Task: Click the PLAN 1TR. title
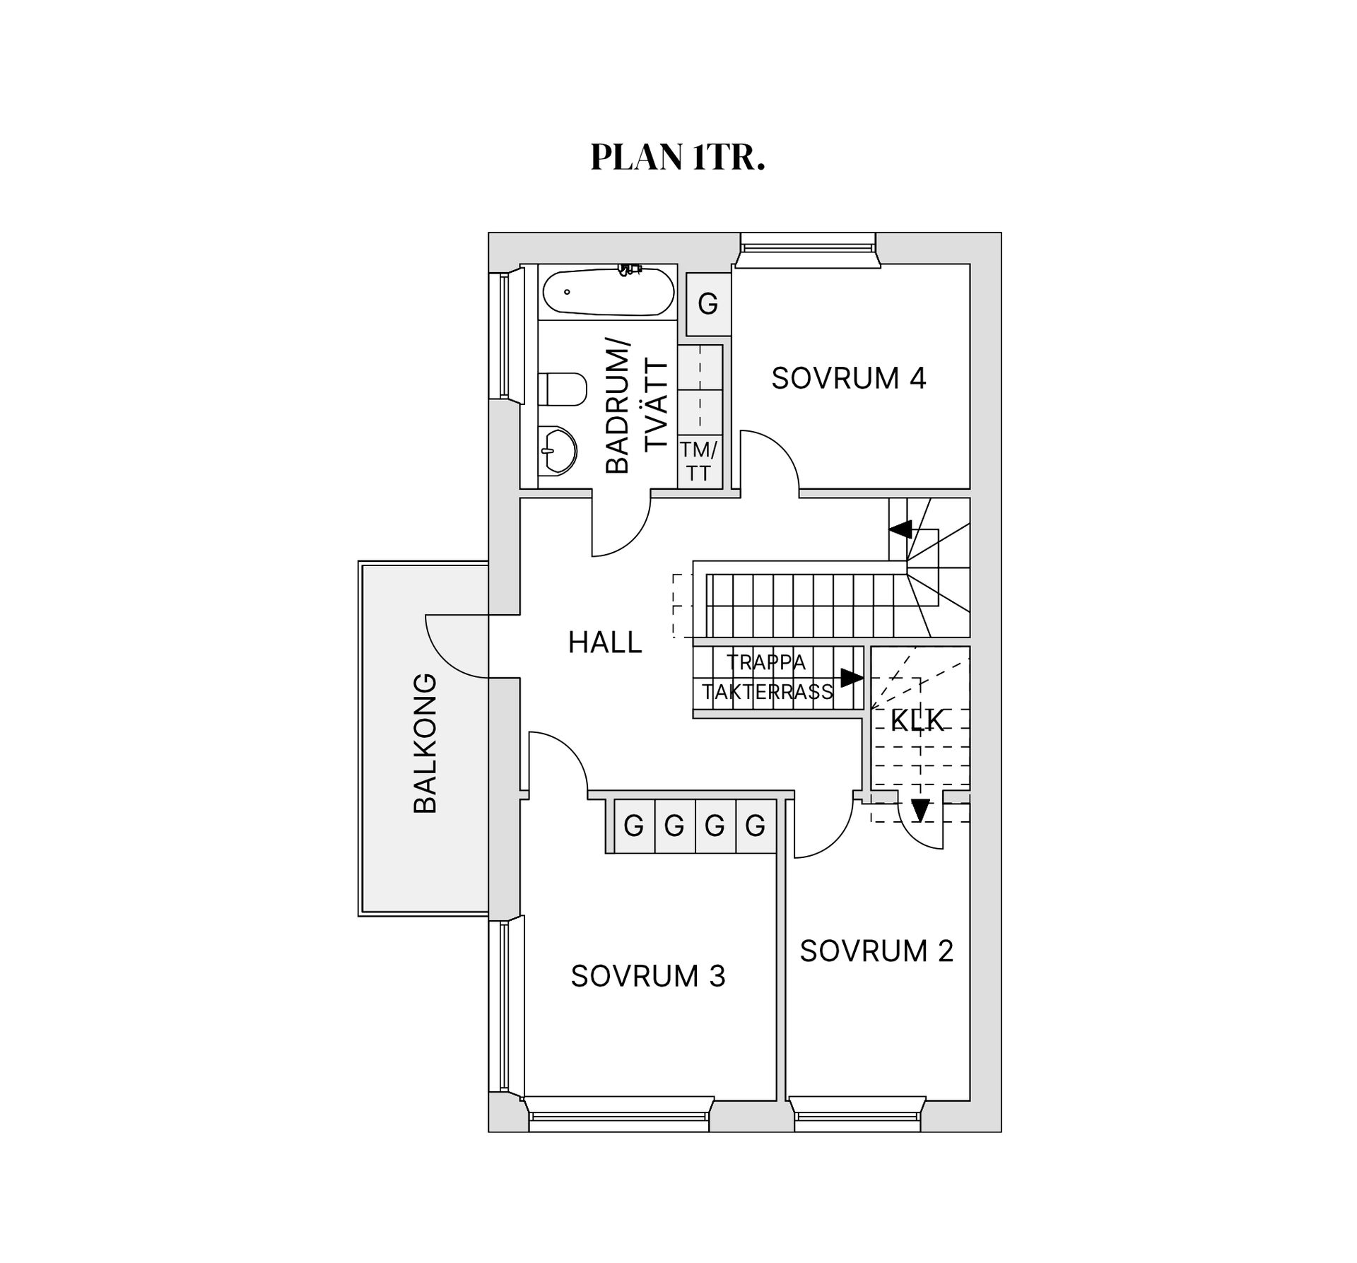tap(677, 157)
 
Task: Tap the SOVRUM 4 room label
tap(848, 379)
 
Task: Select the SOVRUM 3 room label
tap(647, 976)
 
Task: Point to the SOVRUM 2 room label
tap(876, 951)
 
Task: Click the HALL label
tap(605, 642)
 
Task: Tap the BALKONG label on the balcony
tap(425, 743)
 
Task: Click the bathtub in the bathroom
tap(607, 292)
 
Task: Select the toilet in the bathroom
tap(563, 389)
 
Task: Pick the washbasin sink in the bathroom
tap(558, 450)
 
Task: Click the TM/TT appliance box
tap(699, 461)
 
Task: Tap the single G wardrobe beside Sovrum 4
tap(707, 305)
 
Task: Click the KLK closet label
tap(917, 720)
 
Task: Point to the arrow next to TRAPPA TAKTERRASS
tap(852, 678)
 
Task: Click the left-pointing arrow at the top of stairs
tap(899, 529)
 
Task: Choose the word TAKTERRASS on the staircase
tap(768, 692)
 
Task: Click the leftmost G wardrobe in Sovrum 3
tap(633, 826)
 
